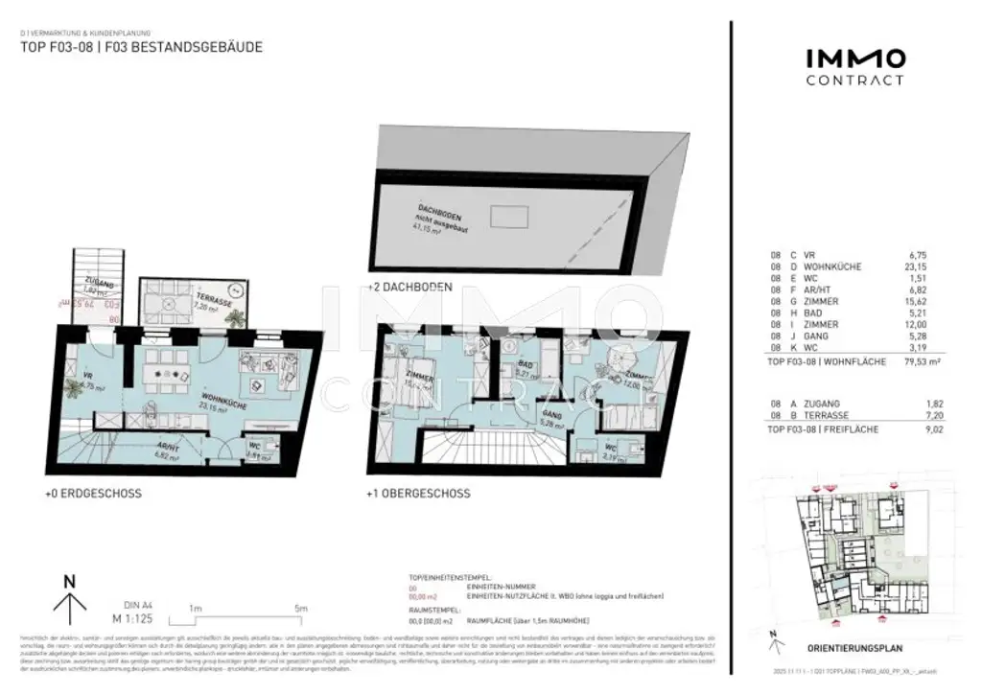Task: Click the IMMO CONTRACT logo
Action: coord(853,67)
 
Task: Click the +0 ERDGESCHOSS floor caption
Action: coord(93,495)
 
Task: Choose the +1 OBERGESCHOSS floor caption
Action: coord(419,495)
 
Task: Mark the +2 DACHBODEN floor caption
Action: coord(410,286)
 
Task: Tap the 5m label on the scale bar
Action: coord(300,609)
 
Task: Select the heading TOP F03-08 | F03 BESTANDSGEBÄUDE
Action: coord(141,46)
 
